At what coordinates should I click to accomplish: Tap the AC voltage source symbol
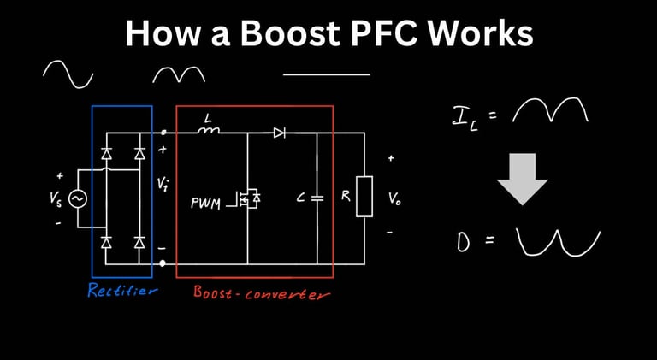click(76, 198)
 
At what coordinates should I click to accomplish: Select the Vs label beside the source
click(56, 198)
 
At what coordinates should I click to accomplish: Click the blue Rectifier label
click(122, 291)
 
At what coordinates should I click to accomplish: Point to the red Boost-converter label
click(262, 292)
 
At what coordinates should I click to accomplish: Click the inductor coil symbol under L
click(208, 132)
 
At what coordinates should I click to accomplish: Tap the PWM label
click(206, 204)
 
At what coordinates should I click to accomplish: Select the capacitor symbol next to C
click(317, 198)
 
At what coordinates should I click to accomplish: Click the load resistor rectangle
click(364, 196)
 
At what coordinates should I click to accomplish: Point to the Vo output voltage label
click(394, 198)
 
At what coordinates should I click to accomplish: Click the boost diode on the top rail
click(280, 133)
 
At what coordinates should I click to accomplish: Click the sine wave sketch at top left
click(68, 74)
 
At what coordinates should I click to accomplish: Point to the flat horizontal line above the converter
click(326, 74)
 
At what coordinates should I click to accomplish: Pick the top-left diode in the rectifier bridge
click(106, 155)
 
